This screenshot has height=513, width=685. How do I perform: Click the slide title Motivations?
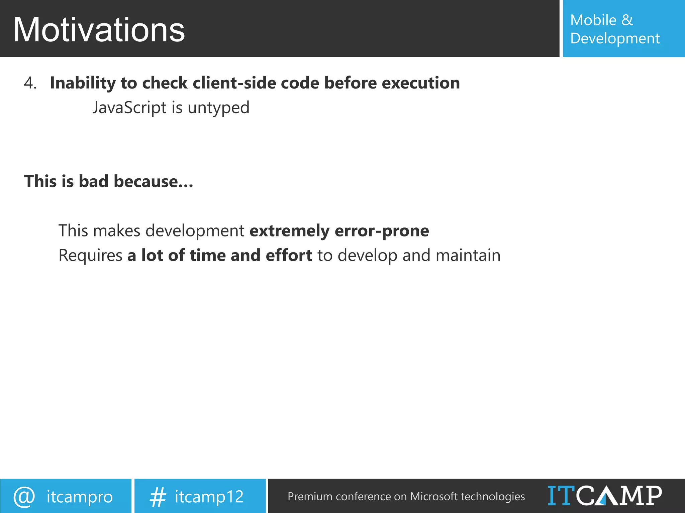[x=99, y=30]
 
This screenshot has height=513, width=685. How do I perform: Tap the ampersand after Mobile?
[x=627, y=20]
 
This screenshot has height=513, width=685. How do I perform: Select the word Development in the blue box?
[x=615, y=38]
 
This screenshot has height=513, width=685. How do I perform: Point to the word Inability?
[x=83, y=83]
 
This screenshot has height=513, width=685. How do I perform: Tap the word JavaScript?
[x=129, y=108]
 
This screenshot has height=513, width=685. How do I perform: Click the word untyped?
[x=218, y=108]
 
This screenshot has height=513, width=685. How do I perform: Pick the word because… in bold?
[x=153, y=181]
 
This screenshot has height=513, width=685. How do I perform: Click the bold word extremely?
[x=289, y=231]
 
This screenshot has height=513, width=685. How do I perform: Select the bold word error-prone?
[x=382, y=231]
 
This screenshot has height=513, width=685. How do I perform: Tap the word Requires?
[x=90, y=255]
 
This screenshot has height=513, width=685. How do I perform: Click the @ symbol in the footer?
[x=24, y=497]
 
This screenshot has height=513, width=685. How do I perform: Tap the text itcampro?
[x=80, y=497]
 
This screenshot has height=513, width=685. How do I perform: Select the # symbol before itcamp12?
[x=158, y=497]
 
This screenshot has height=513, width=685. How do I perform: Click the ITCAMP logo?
[x=604, y=496]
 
